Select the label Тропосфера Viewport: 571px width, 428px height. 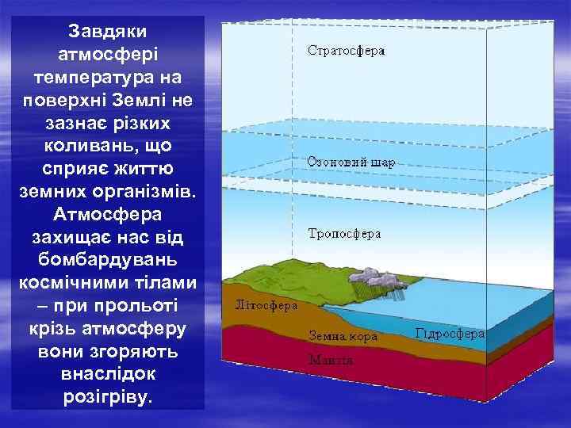344,234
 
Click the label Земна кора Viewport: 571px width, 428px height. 343,336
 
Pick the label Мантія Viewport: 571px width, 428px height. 331,358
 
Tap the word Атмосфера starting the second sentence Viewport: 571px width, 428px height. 107,215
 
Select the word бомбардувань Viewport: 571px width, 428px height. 107,260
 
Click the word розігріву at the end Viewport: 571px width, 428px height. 107,396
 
